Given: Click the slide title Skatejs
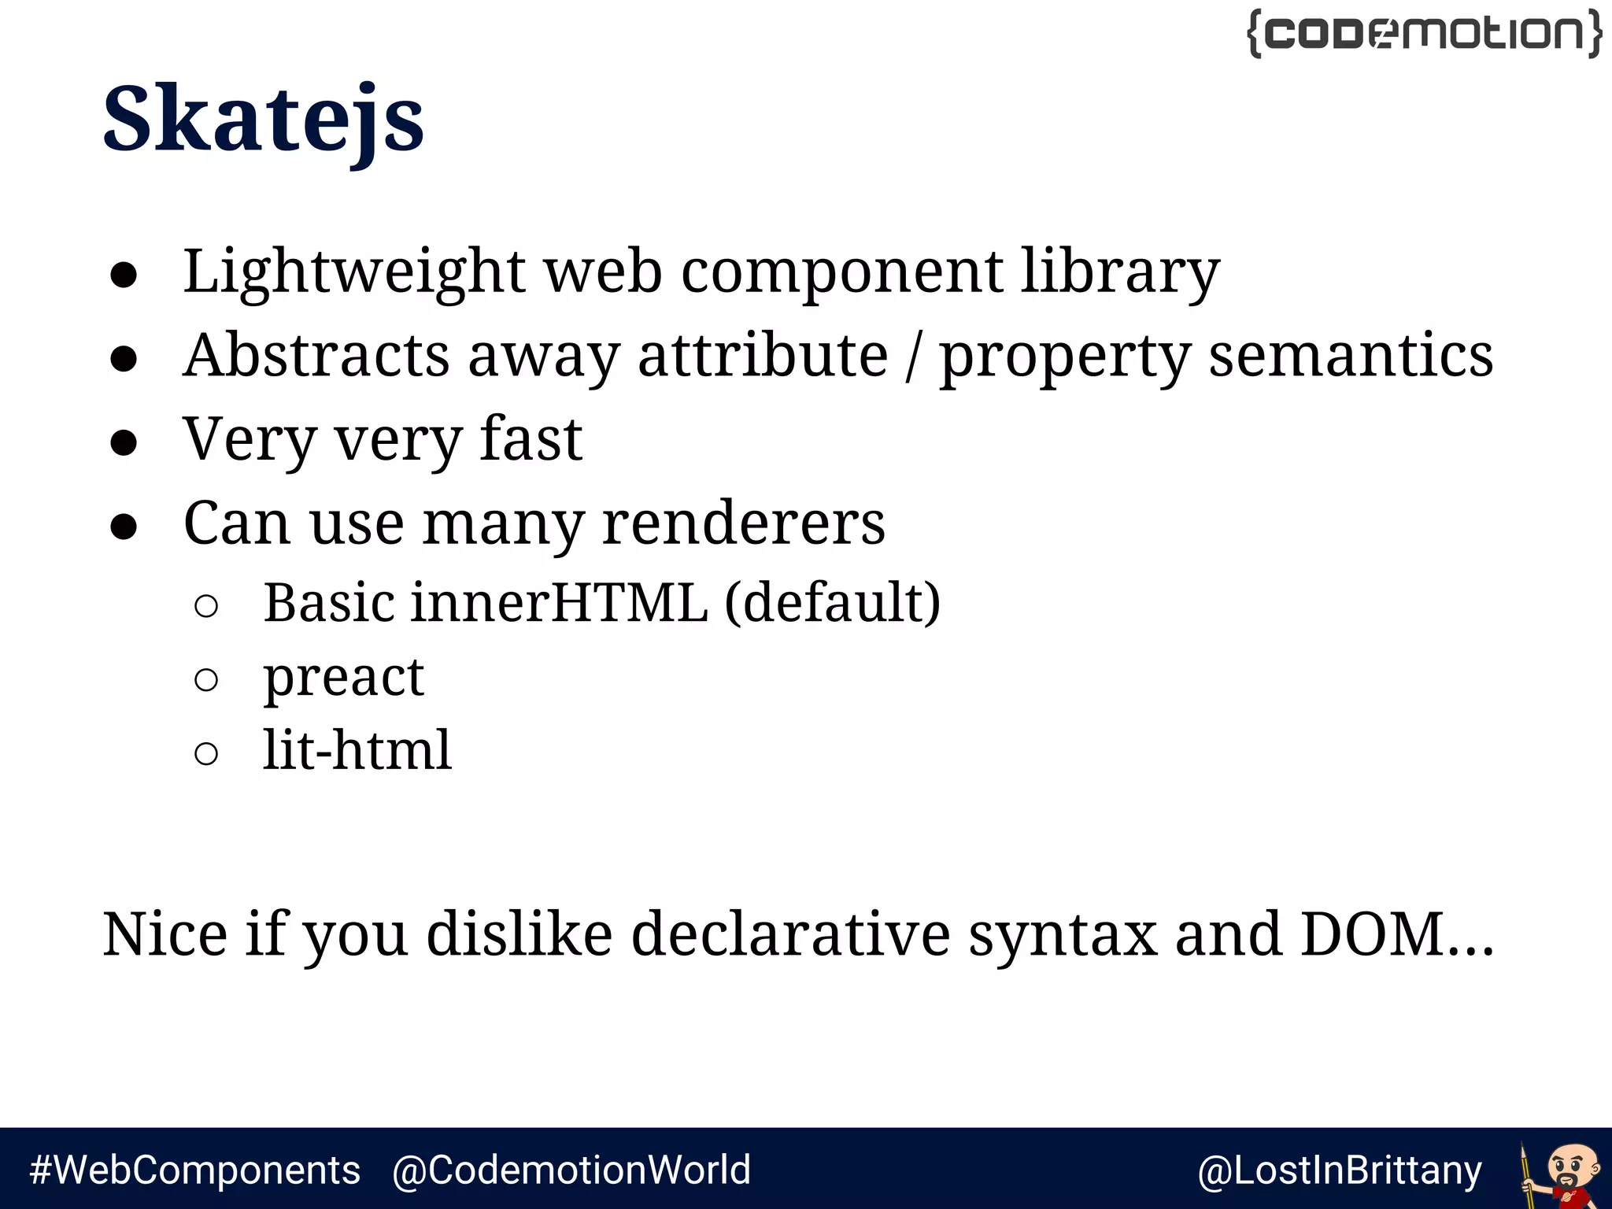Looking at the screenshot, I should click(x=263, y=120).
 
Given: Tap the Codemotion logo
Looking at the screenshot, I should click(x=1425, y=34).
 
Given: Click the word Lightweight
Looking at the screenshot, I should click(x=353, y=272).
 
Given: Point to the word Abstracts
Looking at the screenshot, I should click(x=316, y=355).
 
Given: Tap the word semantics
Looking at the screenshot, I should click(x=1351, y=355).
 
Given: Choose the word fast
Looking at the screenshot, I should click(x=531, y=438).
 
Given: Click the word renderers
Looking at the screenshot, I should click(x=744, y=523).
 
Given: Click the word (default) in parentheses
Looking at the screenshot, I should click(x=832, y=603).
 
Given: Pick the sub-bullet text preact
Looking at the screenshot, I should click(x=344, y=677).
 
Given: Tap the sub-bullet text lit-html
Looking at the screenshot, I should click(x=357, y=749).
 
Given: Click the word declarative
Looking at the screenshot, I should click(x=790, y=934).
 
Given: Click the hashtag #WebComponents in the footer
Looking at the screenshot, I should click(x=195, y=1170).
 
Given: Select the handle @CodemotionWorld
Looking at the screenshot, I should click(x=571, y=1170).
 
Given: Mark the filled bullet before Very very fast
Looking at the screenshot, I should click(x=124, y=442).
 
